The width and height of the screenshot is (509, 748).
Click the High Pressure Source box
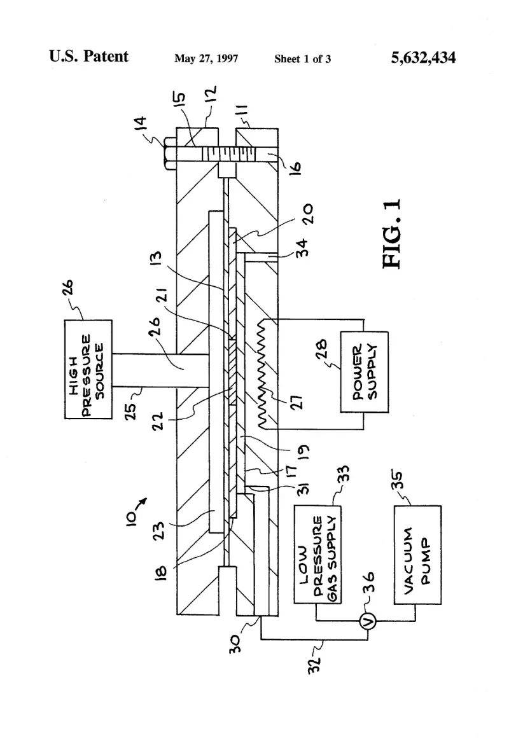(x=88, y=369)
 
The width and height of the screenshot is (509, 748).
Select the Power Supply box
(x=364, y=372)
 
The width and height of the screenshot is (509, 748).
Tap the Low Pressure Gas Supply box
(x=317, y=555)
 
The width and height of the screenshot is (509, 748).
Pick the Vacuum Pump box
(x=417, y=555)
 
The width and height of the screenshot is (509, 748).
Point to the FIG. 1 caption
(x=392, y=234)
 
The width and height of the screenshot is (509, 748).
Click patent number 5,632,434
(x=423, y=58)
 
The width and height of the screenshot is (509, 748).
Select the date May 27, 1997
(x=206, y=59)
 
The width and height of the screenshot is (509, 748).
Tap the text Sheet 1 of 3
(x=302, y=59)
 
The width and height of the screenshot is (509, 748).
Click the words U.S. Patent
(x=88, y=56)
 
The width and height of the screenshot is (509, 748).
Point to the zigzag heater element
(x=262, y=373)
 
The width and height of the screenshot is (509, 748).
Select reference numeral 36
(x=369, y=582)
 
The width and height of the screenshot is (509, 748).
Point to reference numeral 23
(x=160, y=530)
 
